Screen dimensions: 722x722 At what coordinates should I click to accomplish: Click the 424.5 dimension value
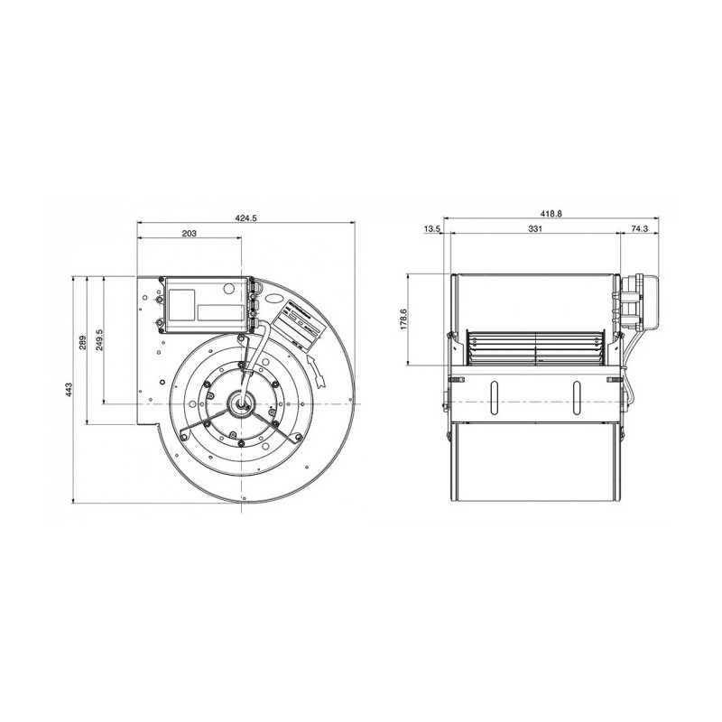(245, 218)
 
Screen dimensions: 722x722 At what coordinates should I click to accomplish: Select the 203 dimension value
(189, 233)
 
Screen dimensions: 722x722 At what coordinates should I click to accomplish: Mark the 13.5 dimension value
(430, 230)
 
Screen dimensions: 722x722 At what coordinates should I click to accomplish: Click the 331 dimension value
(535, 230)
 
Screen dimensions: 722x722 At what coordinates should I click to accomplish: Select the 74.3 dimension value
(639, 230)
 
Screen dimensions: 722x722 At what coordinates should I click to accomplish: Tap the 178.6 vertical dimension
(403, 319)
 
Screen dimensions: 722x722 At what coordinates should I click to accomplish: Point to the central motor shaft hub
(243, 403)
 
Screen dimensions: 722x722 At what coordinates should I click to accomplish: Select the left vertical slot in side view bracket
(495, 397)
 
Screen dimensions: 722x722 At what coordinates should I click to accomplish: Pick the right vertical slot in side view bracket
(575, 397)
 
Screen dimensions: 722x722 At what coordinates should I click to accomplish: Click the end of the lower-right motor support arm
(295, 442)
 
